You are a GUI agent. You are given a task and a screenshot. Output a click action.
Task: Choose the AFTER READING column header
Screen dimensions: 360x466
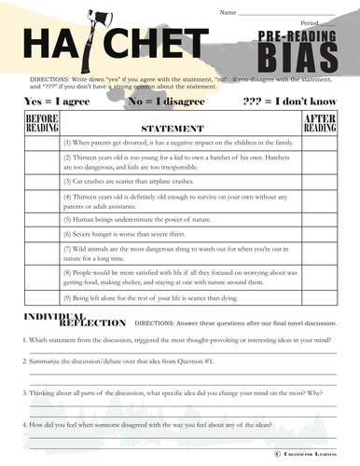tap(320, 122)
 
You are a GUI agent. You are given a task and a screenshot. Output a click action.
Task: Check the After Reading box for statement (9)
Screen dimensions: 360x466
tap(320, 297)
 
